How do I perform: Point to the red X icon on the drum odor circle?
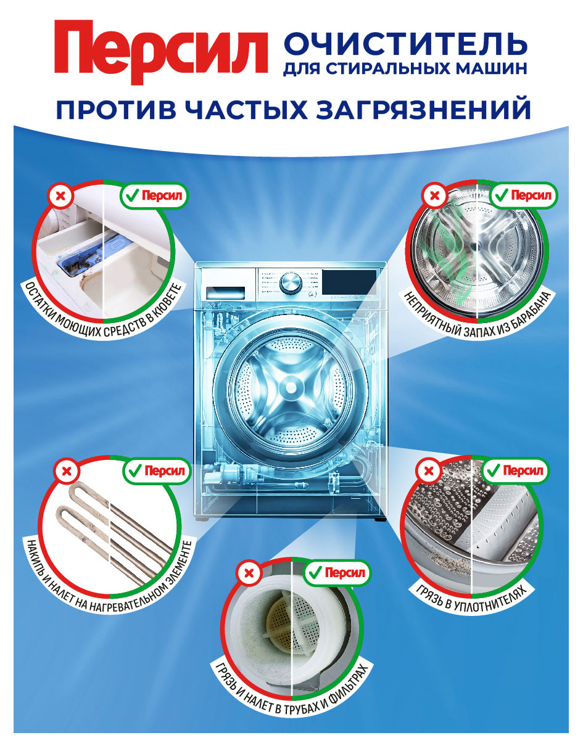434,196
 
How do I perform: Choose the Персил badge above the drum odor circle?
523,195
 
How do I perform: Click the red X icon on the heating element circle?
67,472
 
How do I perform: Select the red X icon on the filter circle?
249,574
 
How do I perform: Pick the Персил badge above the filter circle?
337,573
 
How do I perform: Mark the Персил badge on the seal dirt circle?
515,472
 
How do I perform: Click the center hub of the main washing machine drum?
288,387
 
